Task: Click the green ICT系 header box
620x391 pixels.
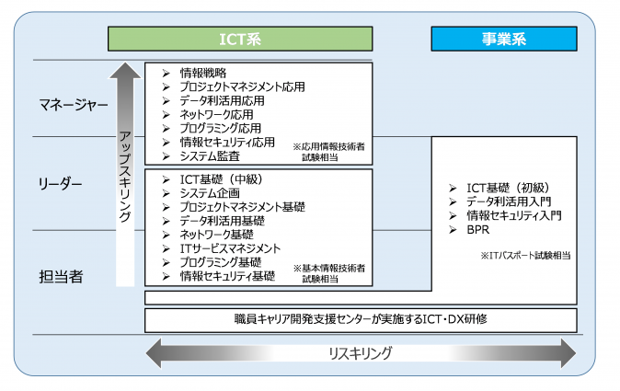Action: [x=240, y=38]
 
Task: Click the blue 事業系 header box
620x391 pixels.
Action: [x=504, y=38]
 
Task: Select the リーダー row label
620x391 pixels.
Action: [x=63, y=186]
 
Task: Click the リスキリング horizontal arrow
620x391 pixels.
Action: [x=361, y=352]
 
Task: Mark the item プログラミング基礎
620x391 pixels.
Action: [x=222, y=262]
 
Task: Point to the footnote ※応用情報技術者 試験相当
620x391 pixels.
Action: [x=328, y=152]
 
